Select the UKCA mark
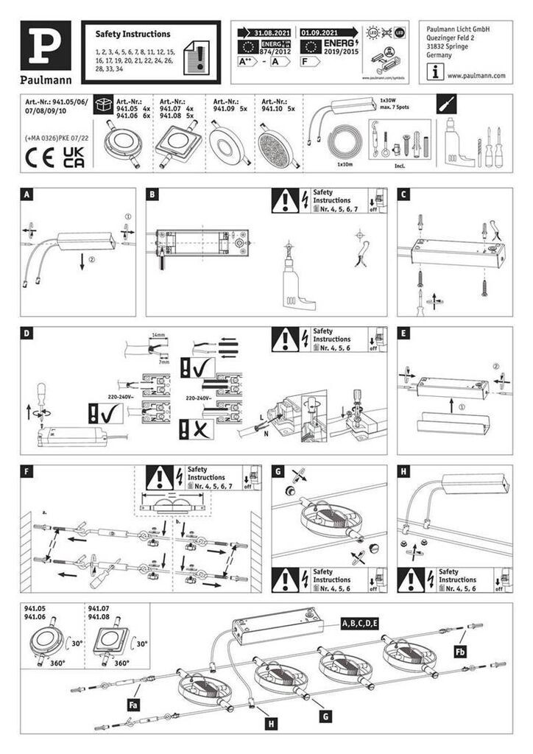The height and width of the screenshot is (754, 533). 74,158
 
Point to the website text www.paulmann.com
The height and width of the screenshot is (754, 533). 476,75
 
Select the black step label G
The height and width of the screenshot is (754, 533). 278,471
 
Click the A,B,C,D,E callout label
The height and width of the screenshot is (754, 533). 359,624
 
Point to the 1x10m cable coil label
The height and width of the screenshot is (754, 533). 342,165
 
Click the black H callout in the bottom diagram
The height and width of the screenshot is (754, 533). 272,725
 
